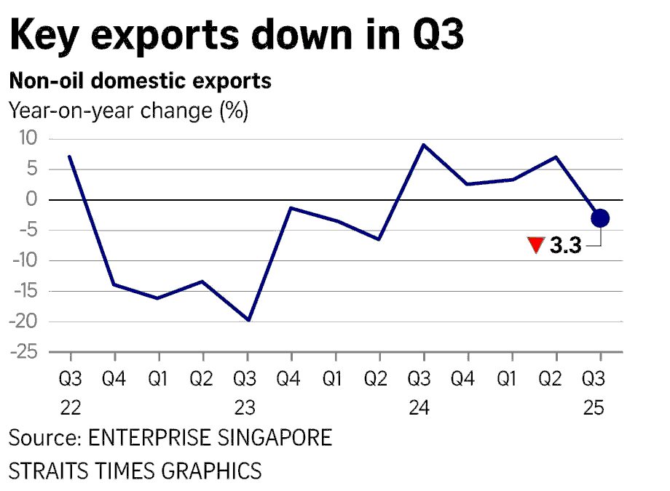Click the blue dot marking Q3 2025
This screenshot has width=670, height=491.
coord(600,218)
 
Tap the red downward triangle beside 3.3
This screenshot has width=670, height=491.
coord(536,246)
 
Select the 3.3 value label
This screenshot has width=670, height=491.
coord(565,246)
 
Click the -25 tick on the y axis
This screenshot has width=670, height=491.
coord(27,353)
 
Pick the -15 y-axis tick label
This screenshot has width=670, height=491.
coord(27,292)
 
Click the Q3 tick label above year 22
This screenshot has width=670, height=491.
coord(70,380)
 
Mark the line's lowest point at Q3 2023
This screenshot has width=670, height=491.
coord(248,320)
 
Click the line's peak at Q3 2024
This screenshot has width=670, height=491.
coord(424,145)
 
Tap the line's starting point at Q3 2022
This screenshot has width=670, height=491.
coord(70,156)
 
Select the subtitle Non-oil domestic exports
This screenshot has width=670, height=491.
coord(140,81)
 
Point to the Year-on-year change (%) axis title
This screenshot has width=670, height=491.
coord(128,111)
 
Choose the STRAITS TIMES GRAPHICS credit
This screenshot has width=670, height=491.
coord(135,470)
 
